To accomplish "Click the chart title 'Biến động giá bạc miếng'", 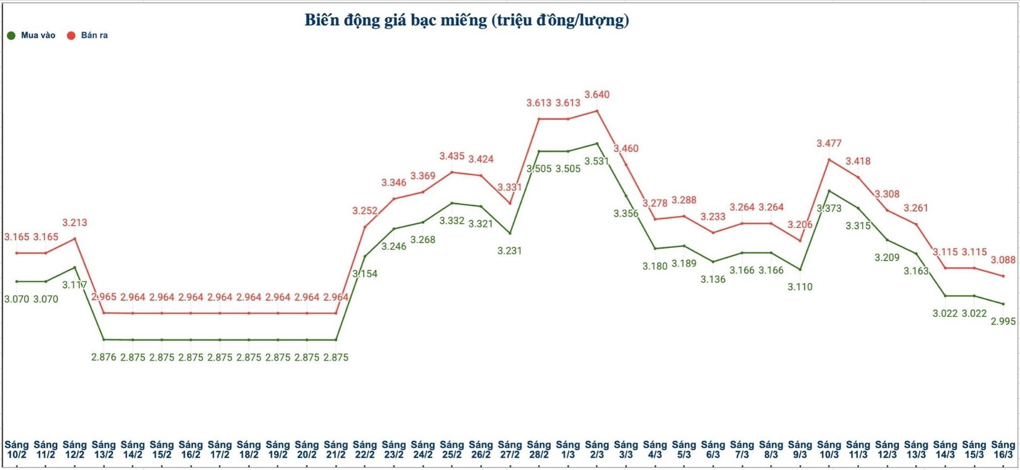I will [x=466, y=20].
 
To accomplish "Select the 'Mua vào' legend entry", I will [x=32, y=35].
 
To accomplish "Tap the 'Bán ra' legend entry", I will [x=88, y=35].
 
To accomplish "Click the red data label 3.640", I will [x=596, y=95].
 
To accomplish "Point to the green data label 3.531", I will [x=596, y=161].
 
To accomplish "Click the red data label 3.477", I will [x=829, y=143].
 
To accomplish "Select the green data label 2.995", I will [x=1003, y=321].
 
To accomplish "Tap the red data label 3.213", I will [x=74, y=223].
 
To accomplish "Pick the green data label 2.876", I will [x=103, y=357].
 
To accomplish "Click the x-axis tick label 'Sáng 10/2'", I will [x=17, y=450].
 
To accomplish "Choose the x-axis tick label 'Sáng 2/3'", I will [x=596, y=450].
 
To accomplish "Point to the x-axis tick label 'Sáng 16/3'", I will [x=1003, y=450].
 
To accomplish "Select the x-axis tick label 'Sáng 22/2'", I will [x=365, y=450].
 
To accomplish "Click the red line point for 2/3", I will [x=597, y=111].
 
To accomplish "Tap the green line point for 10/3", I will [x=829, y=191].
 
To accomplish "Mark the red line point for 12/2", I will [x=74, y=238].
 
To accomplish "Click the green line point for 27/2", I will [x=510, y=233].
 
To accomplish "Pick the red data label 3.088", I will [x=1003, y=260].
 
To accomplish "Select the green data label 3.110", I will [x=800, y=287].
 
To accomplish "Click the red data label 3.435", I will [x=452, y=156].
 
